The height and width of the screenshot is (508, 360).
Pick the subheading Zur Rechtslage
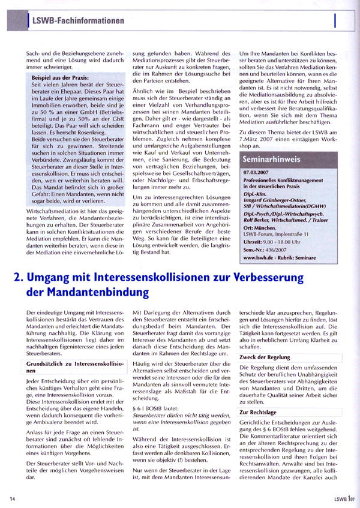pyautogui.click(x=259, y=413)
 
